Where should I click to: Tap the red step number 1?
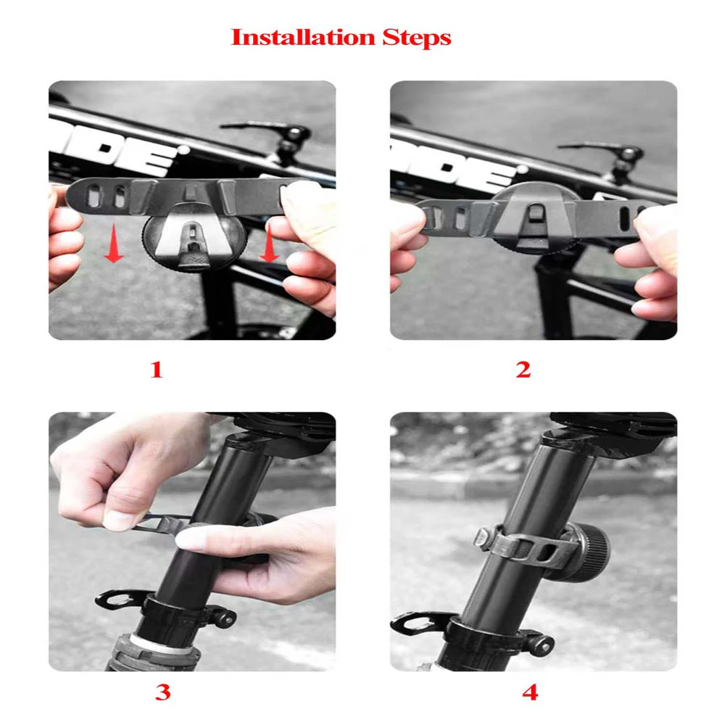[156, 370]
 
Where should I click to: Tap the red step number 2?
[523, 370]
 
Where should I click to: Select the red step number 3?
[162, 692]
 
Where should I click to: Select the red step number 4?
[530, 692]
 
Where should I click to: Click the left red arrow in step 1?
[113, 246]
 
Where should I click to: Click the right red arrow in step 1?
[270, 246]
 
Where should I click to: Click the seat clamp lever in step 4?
[418, 622]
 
